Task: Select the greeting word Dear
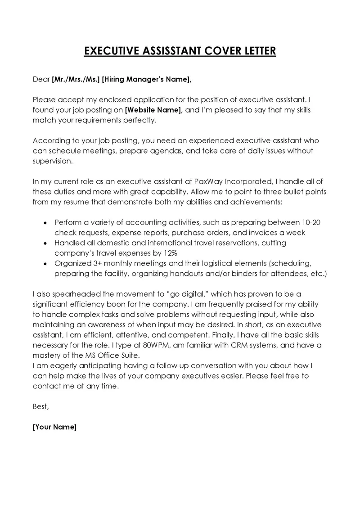click(41, 80)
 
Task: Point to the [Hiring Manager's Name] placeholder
click(147, 80)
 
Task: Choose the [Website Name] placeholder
click(153, 110)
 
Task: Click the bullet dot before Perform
click(44, 223)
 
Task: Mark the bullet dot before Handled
click(44, 243)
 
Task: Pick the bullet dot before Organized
click(44, 263)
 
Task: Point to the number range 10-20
click(310, 222)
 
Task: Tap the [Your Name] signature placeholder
click(55, 427)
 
